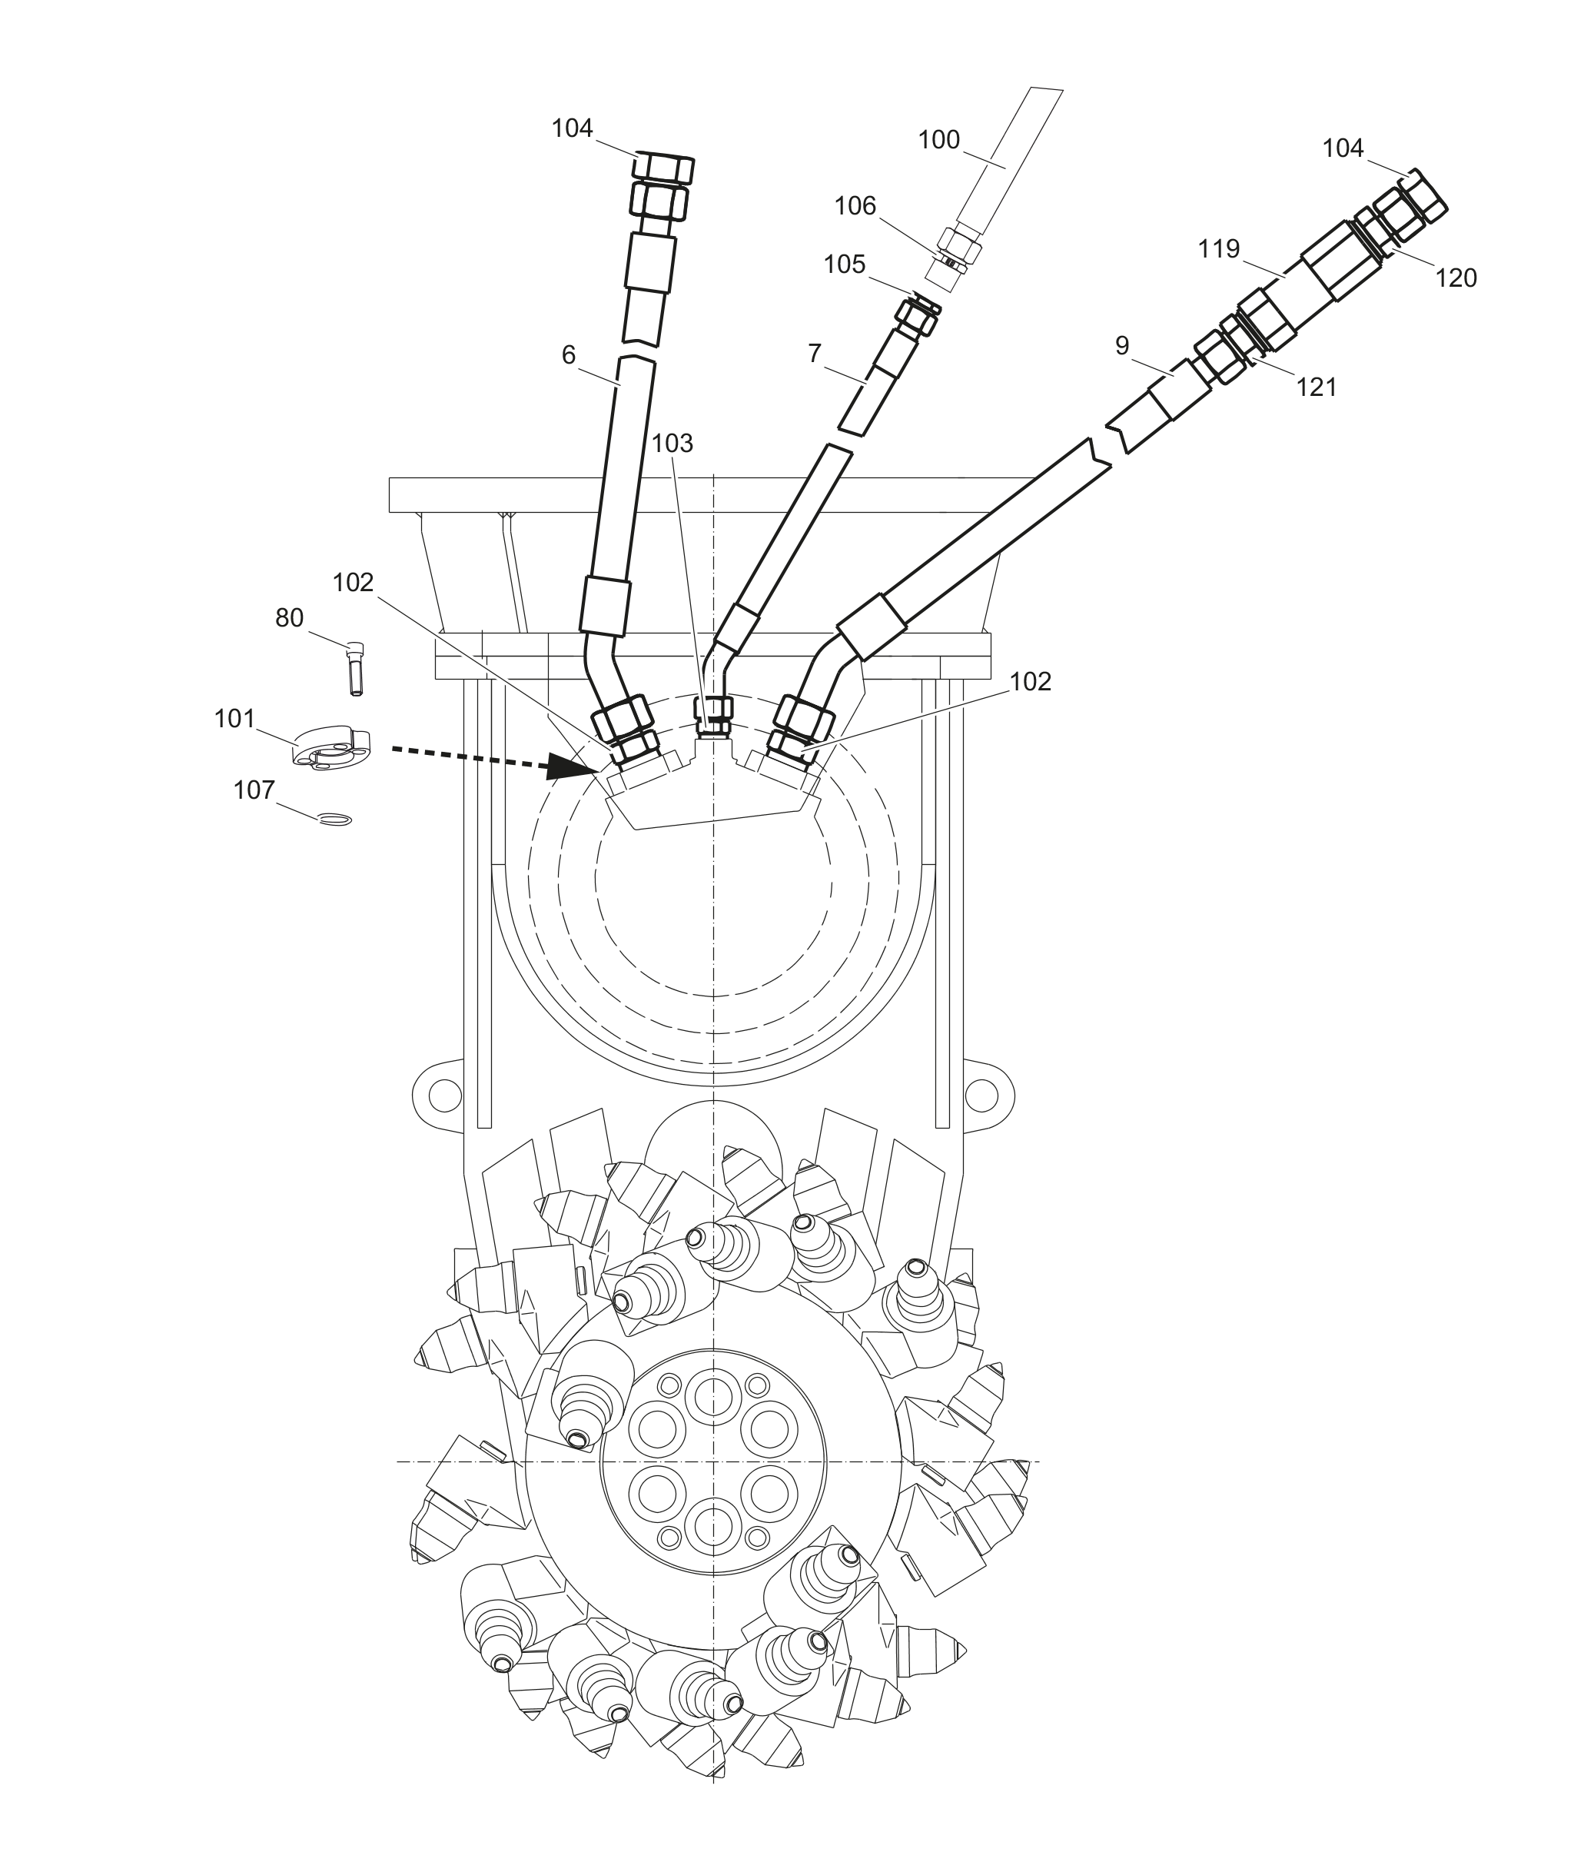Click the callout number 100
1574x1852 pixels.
[x=938, y=140]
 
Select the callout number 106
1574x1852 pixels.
[x=855, y=206]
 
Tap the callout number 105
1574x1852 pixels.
[x=844, y=264]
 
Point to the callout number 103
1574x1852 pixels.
[x=672, y=443]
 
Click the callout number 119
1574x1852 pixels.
[x=1219, y=248]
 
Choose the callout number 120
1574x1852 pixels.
[x=1456, y=278]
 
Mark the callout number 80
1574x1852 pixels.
[x=289, y=617]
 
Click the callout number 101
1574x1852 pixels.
[x=234, y=719]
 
